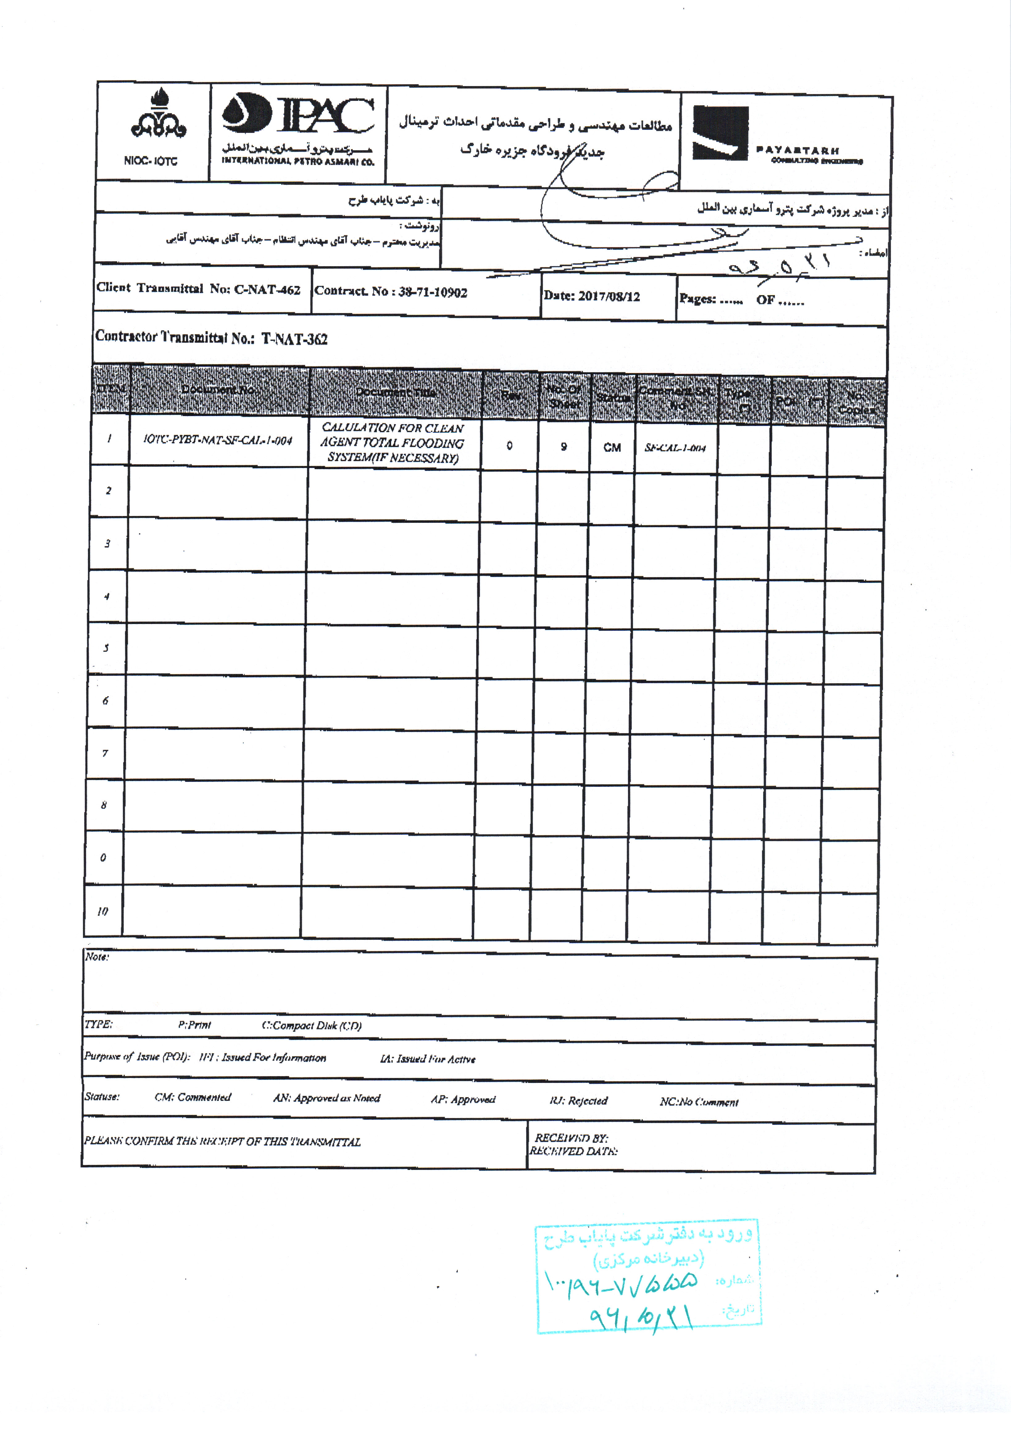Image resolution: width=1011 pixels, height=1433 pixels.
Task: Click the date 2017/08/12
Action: click(609, 296)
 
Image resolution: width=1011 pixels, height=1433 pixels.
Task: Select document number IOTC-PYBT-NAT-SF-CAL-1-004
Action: click(217, 440)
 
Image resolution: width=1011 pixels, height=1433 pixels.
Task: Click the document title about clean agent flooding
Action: click(393, 443)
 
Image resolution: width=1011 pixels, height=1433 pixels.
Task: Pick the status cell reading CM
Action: click(612, 447)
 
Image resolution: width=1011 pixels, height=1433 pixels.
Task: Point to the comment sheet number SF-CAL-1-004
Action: click(675, 448)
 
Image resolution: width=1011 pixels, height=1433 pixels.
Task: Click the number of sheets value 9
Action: click(563, 446)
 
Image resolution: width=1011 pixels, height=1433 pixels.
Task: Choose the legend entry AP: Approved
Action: click(463, 1099)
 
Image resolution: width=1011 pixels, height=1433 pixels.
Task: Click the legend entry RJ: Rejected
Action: click(578, 1100)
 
